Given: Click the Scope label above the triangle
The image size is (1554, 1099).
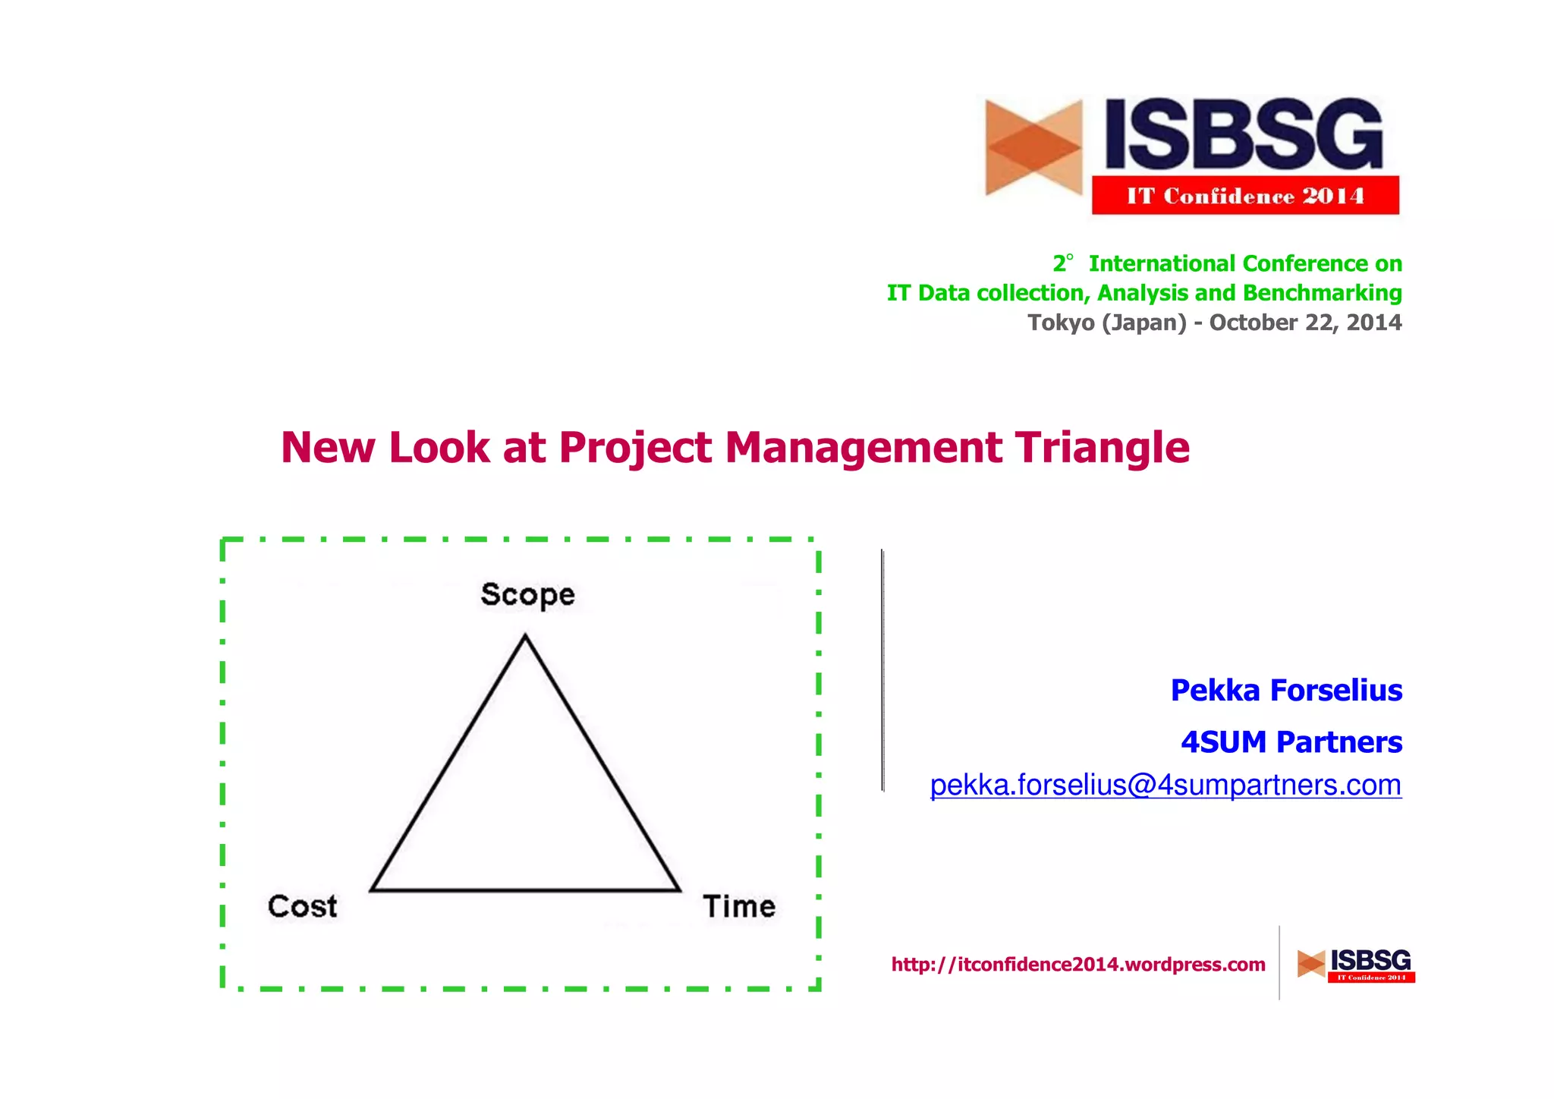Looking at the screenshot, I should tap(527, 594).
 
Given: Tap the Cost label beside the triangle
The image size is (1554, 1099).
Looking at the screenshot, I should tap(302, 906).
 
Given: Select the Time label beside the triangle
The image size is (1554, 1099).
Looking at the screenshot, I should tap(739, 906).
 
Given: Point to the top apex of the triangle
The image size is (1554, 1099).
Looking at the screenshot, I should tap(525, 638).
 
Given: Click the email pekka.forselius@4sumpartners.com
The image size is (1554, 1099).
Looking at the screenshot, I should tap(1165, 785).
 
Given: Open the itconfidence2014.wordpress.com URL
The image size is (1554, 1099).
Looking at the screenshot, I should tap(1078, 965).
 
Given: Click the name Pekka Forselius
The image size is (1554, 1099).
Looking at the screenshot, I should tap(1286, 691).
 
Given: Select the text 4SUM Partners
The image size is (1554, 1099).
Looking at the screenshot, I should tap(1291, 742).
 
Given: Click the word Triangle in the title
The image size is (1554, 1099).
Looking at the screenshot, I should tap(1103, 448).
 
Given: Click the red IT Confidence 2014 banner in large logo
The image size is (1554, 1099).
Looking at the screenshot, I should tap(1245, 196).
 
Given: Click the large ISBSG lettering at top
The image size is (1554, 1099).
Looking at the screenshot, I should tap(1244, 134).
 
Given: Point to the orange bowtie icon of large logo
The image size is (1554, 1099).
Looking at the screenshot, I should tap(1033, 147).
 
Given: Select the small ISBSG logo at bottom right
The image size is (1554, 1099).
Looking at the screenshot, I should tap(1356, 965).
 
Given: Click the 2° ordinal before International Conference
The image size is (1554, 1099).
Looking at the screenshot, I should tap(1062, 263).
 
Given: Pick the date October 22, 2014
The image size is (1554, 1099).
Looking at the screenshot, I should tap(1305, 323).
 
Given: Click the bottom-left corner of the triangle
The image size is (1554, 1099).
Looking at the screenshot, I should tap(373, 889).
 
